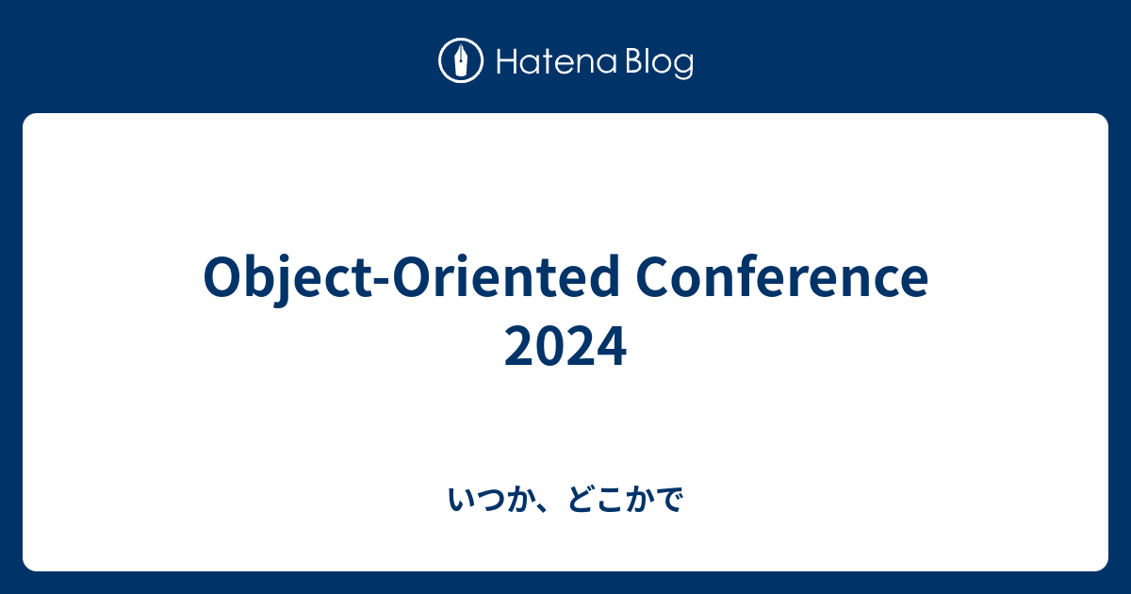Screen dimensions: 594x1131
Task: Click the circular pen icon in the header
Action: point(461,61)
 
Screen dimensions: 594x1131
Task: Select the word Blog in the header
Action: point(657,63)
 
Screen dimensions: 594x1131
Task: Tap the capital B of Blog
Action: point(631,62)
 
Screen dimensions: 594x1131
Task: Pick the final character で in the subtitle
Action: point(668,501)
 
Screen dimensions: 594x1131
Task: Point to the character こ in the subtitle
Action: point(610,501)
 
